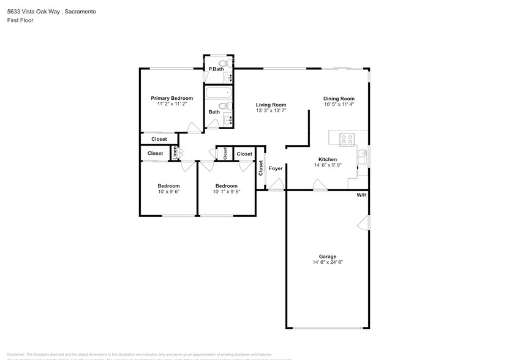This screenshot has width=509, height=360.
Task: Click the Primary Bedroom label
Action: click(x=172, y=98)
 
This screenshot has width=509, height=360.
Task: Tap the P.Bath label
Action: click(x=216, y=69)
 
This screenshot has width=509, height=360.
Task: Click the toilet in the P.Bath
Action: click(x=223, y=63)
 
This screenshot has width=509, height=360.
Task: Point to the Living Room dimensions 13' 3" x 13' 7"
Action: click(x=271, y=111)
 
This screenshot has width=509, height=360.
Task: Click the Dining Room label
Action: click(x=339, y=99)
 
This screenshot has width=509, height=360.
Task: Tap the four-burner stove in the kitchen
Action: click(x=347, y=139)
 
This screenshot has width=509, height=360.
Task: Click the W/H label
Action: click(x=361, y=195)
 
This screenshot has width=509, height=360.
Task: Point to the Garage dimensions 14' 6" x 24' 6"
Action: click(x=327, y=263)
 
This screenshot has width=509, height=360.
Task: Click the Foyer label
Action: click(x=276, y=168)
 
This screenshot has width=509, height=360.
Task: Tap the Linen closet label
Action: click(x=175, y=153)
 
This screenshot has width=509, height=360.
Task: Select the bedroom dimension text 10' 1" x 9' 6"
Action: click(x=226, y=192)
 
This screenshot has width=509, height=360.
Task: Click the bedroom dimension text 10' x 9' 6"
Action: click(x=168, y=192)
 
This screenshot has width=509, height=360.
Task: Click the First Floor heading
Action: click(x=21, y=20)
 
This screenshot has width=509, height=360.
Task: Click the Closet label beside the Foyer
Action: click(x=261, y=167)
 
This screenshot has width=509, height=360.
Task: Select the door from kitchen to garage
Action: click(x=319, y=185)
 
